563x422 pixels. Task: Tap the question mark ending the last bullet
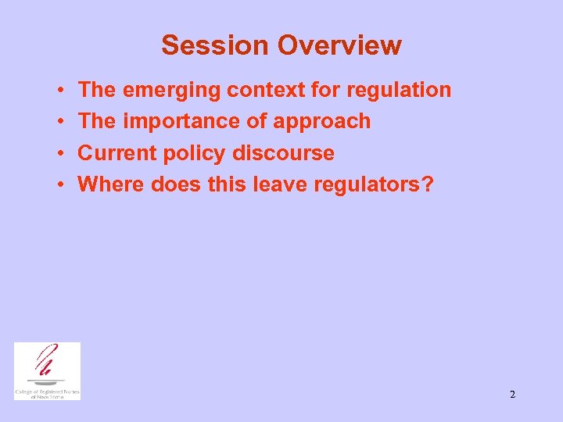tap(428, 184)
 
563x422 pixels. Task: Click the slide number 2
tap(512, 395)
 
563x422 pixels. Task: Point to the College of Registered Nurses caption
tap(47, 393)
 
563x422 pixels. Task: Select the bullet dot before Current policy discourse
tap(60, 154)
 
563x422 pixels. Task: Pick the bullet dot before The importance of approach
tap(60, 122)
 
